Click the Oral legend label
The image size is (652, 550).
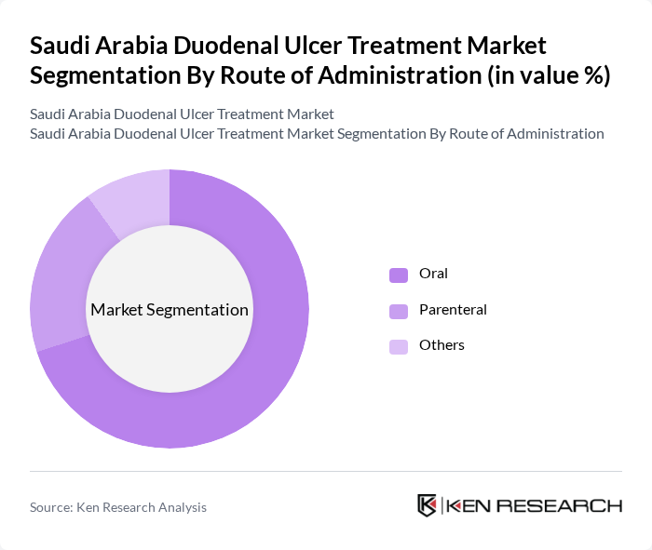tap(433, 274)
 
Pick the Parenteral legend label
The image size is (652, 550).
tap(453, 310)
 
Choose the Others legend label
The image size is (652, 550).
tap(441, 345)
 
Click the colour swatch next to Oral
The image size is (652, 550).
tap(399, 275)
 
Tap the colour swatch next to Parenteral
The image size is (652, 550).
tap(399, 311)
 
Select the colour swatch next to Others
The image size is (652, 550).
tap(399, 346)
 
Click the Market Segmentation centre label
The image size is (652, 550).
tap(170, 310)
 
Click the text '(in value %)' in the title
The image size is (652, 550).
tap(549, 75)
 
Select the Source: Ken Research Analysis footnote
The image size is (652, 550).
tap(118, 507)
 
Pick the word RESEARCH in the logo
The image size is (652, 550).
tap(569, 506)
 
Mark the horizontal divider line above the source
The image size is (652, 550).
tap(326, 471)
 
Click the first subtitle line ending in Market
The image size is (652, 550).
tap(182, 114)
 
